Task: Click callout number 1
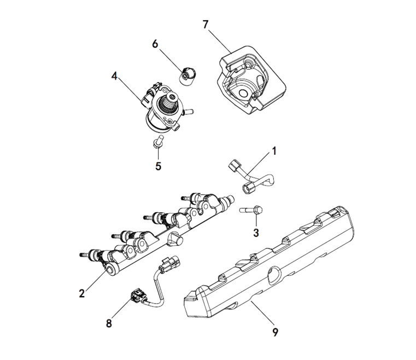coord(274,151)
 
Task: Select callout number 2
coord(81,293)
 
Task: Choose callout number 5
coord(158,166)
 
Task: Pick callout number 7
coord(206,25)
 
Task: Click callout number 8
coord(109,323)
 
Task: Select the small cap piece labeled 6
coord(189,75)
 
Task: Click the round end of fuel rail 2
coord(114,268)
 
